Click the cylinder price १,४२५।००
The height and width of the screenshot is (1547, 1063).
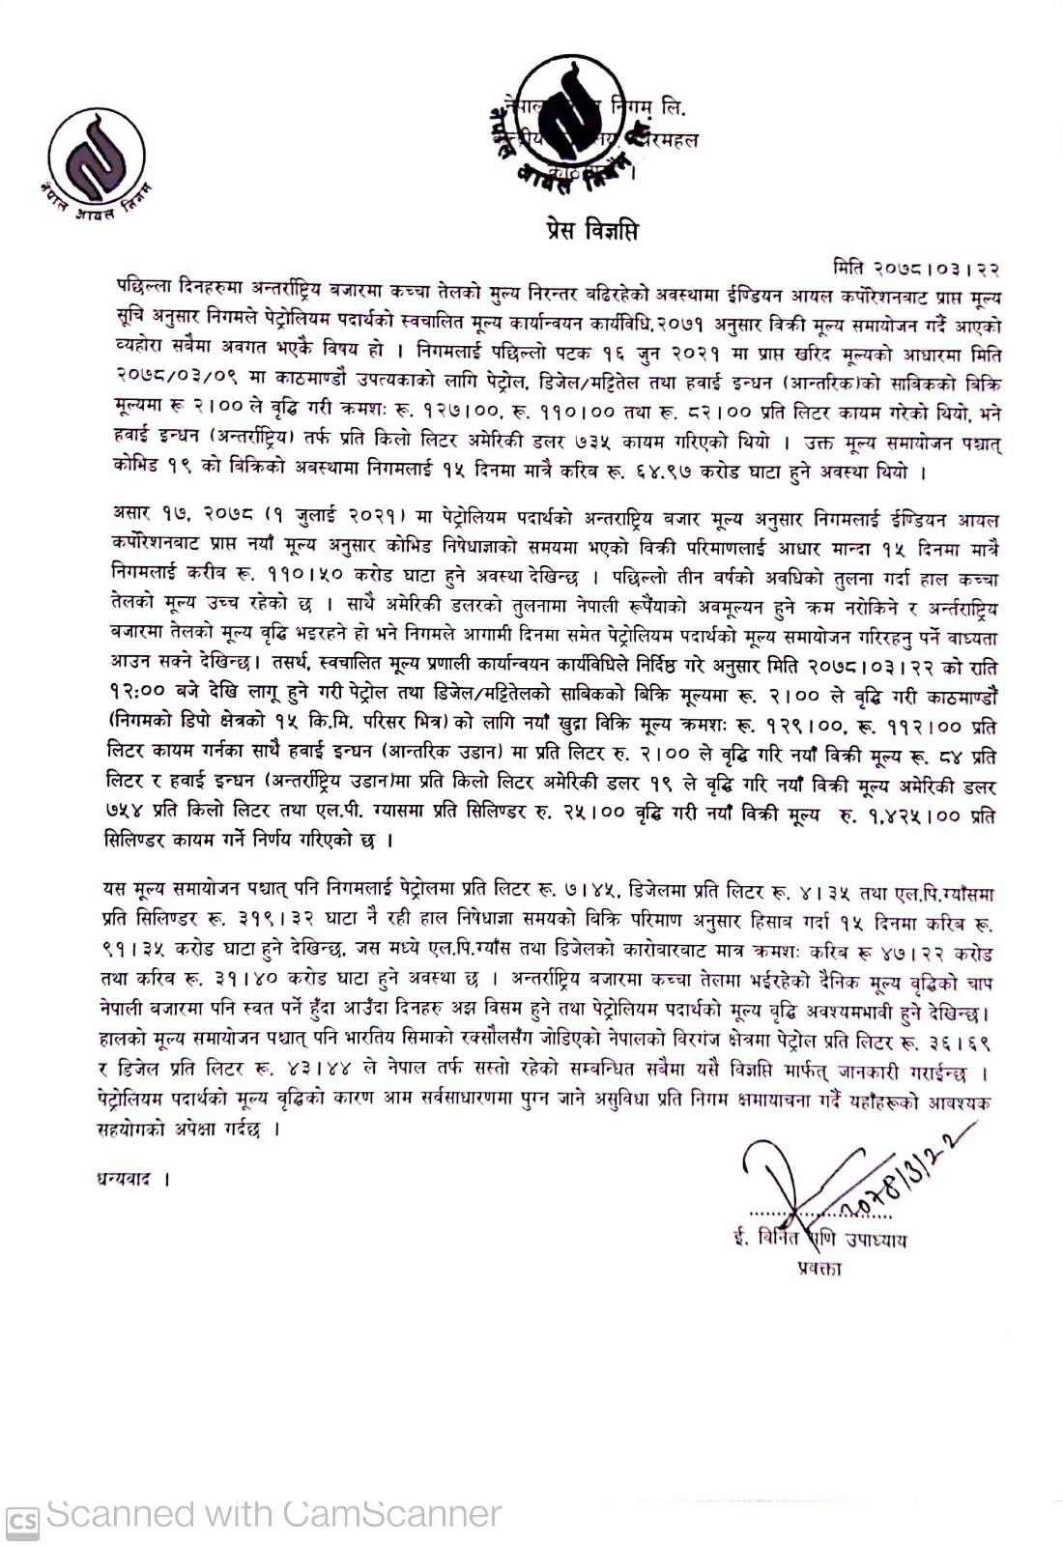point(907,817)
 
